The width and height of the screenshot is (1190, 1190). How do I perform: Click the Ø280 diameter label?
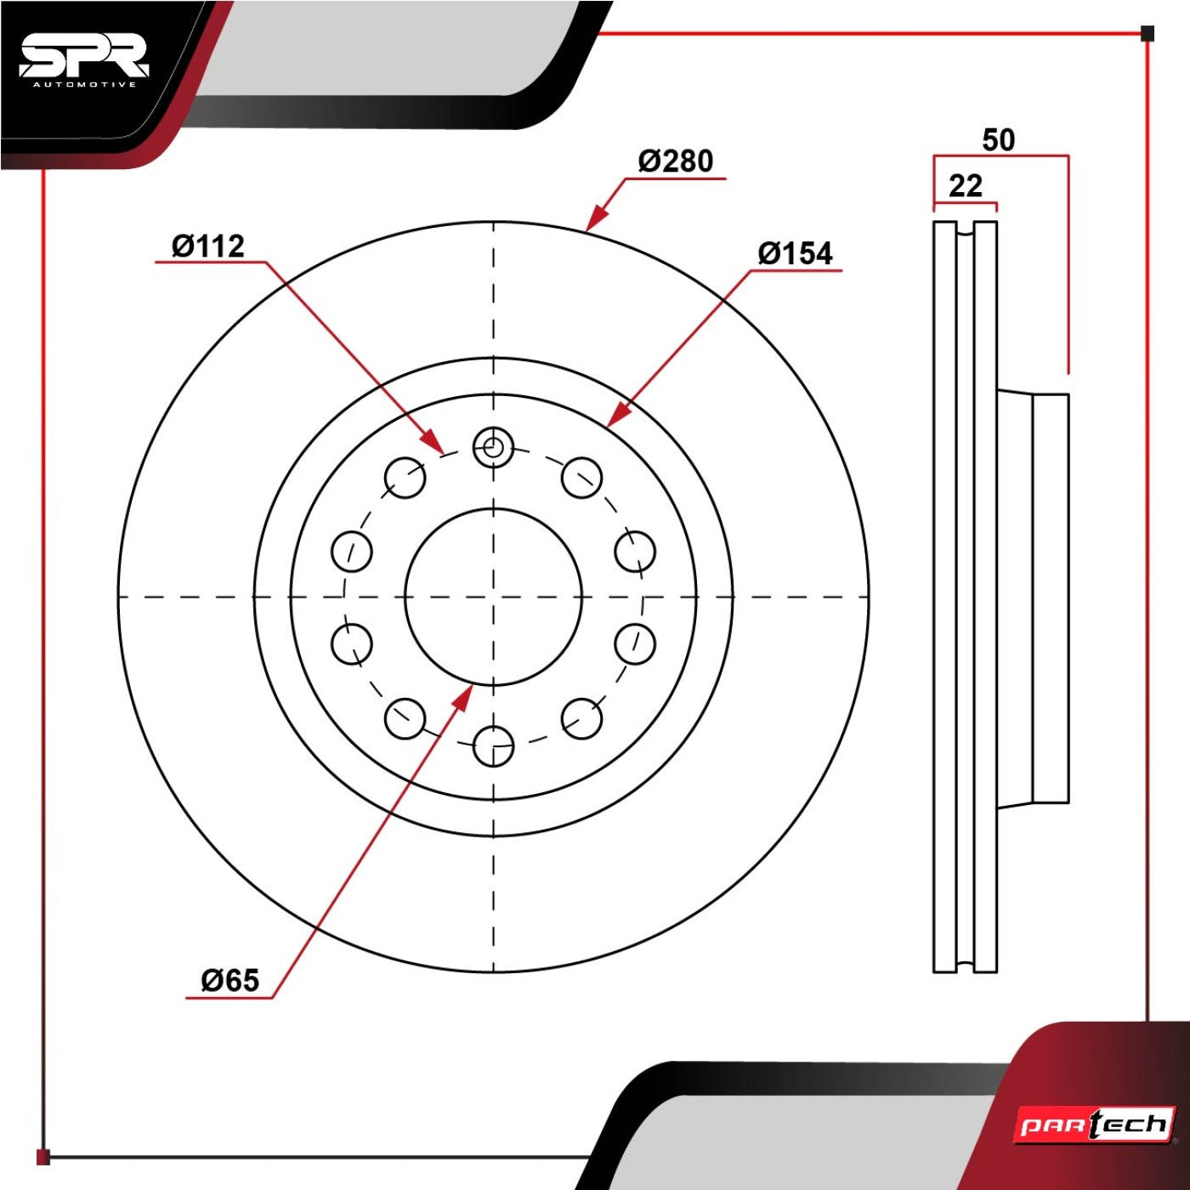point(676,161)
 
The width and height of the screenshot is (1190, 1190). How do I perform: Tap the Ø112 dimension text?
point(208,246)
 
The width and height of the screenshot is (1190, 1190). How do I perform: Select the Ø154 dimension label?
point(796,254)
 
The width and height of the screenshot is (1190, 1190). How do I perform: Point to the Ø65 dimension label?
point(230,980)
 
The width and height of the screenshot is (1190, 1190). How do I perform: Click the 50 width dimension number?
point(999,140)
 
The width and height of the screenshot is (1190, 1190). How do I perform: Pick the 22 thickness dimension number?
point(966,186)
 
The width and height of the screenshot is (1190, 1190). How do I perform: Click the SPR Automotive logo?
point(84,62)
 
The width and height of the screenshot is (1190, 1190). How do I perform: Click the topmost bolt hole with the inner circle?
point(493,446)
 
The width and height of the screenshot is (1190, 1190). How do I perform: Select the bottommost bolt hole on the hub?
point(493,746)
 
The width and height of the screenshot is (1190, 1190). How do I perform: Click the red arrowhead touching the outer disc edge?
point(595,218)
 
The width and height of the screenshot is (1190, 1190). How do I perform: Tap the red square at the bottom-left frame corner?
point(43,1157)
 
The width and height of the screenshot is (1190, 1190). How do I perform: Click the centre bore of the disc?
point(493,598)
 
